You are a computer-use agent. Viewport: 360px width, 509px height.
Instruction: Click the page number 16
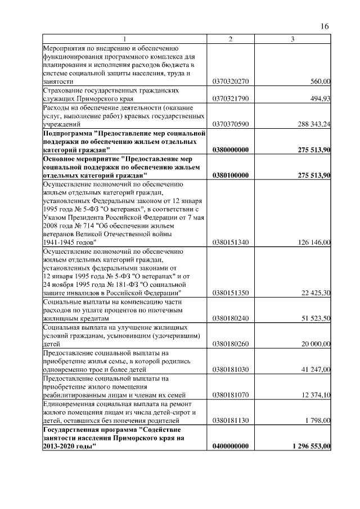point(325,26)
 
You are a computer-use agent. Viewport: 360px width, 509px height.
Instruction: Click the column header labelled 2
point(231,38)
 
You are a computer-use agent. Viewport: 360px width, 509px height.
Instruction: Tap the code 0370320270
point(231,82)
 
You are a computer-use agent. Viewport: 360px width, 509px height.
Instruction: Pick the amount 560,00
point(321,82)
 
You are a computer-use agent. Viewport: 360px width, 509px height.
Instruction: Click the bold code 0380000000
point(231,150)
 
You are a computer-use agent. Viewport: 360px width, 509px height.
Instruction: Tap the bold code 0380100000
point(231,175)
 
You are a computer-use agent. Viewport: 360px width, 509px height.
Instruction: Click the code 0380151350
point(231,293)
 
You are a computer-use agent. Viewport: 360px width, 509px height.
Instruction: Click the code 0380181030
point(231,370)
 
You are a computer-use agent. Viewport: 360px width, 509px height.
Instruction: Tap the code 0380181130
point(231,420)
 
